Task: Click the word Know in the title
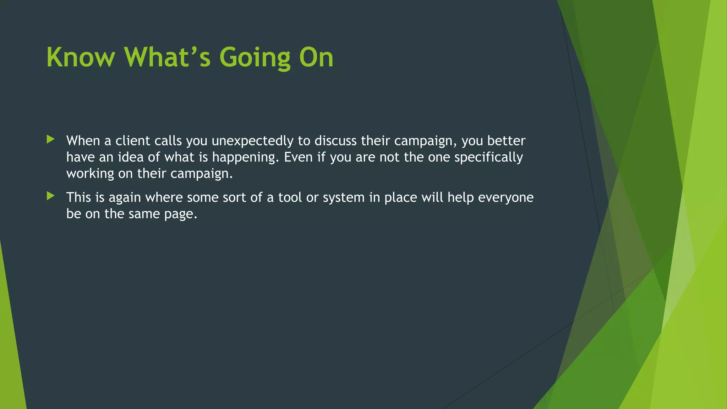tap(81, 57)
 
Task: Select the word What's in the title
tap(167, 57)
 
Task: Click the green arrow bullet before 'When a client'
tap(51, 139)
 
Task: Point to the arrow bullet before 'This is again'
tap(51, 196)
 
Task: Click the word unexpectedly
tap(252, 141)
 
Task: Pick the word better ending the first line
tap(506, 141)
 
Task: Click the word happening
tap(245, 157)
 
